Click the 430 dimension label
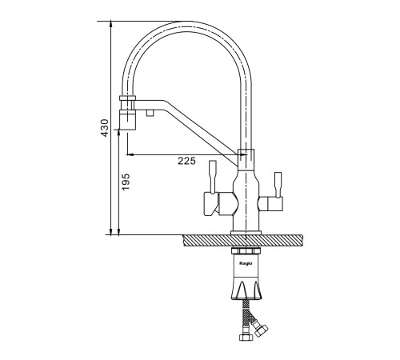105,128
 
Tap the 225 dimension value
186,161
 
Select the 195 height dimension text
126,182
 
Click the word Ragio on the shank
246,263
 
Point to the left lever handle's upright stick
213,177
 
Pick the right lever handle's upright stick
278,185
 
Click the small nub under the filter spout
150,113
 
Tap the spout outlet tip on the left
127,121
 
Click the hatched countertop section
243,241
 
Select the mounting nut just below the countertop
246,251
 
